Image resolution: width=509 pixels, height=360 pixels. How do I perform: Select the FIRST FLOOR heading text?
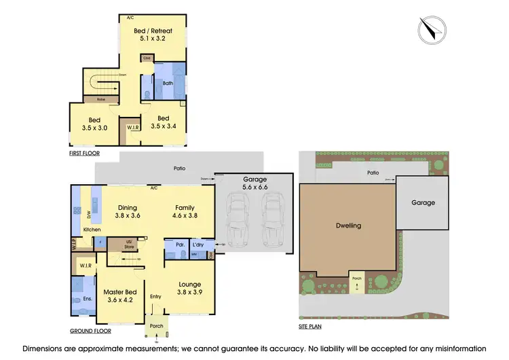(x=84, y=154)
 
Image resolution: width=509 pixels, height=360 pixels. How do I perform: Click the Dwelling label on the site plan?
(x=348, y=226)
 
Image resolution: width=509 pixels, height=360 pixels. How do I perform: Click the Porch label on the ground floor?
(x=157, y=325)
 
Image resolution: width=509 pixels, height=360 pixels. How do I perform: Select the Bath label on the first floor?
(x=168, y=84)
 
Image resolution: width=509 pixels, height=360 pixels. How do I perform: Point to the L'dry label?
(x=198, y=245)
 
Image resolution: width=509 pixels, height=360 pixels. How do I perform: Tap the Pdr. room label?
(x=181, y=245)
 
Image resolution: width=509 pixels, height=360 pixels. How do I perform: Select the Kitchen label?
(x=92, y=230)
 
